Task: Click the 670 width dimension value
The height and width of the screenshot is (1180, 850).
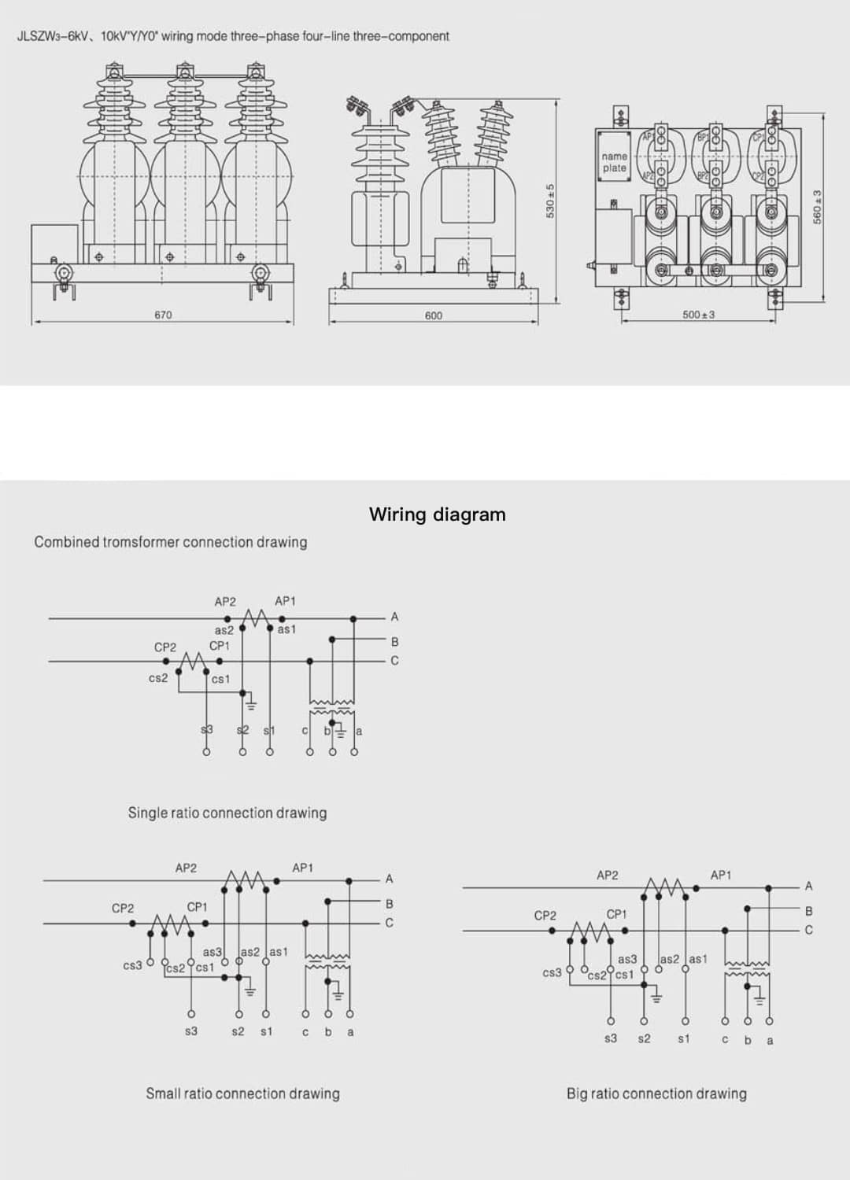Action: [x=163, y=315]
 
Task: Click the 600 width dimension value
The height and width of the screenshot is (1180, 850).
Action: [x=434, y=315]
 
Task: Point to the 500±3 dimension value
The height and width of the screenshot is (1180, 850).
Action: [x=698, y=315]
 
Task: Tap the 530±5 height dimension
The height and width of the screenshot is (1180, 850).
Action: [x=551, y=201]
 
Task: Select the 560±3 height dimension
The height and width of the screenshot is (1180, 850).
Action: [x=818, y=206]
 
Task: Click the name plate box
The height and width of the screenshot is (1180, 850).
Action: [x=614, y=163]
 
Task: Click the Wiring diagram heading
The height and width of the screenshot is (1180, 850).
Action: [x=438, y=514]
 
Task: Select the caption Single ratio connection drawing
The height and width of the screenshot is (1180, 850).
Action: [x=227, y=813]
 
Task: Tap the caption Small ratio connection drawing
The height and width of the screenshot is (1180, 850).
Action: [x=243, y=1093]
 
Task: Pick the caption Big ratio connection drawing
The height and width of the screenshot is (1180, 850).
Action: [x=656, y=1093]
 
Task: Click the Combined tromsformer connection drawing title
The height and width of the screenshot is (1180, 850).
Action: [x=171, y=542]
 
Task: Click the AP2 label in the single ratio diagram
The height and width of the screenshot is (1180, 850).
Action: [x=225, y=602]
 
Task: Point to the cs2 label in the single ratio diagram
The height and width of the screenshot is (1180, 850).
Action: [x=158, y=677]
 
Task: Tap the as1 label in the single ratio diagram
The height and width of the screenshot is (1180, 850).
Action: [x=286, y=629]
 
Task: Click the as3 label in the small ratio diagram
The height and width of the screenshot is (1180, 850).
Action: [x=213, y=952]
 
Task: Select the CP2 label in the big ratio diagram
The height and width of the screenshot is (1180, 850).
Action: [x=545, y=916]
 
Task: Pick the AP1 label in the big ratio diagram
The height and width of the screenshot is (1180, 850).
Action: [x=721, y=875]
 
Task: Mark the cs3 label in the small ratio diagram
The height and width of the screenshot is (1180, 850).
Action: [x=133, y=965]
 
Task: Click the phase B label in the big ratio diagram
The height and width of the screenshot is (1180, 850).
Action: [x=808, y=911]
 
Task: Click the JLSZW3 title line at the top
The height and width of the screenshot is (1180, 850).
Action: [x=233, y=36]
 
